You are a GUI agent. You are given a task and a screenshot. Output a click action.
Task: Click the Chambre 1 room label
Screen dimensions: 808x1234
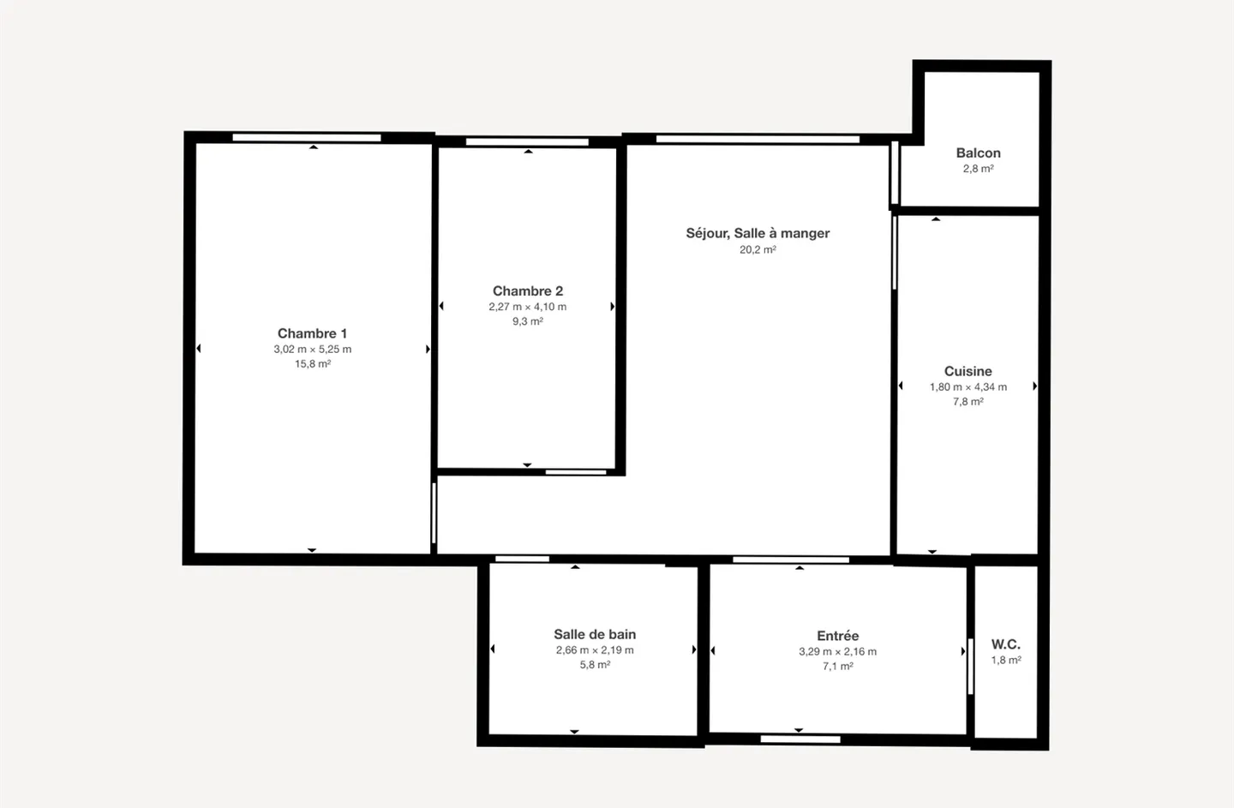(312, 333)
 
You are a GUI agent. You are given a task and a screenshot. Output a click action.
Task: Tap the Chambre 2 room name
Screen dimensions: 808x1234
(527, 291)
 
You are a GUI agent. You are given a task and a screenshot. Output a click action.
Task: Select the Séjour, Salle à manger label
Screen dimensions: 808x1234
(758, 233)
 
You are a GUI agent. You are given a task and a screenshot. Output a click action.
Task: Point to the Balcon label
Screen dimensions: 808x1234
(978, 153)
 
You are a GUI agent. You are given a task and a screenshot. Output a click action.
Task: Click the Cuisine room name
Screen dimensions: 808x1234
(967, 371)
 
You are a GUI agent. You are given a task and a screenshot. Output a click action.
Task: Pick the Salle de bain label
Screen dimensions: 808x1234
(595, 634)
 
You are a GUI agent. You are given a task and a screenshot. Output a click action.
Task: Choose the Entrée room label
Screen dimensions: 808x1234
(837, 636)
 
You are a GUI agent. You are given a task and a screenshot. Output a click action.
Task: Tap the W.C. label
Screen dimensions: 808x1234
(1005, 644)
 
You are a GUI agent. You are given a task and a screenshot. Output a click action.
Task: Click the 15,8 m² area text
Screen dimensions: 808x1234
(313, 364)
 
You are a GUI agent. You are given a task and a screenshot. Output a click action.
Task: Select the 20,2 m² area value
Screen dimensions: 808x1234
(758, 250)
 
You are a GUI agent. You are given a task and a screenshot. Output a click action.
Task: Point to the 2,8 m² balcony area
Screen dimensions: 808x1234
(978, 169)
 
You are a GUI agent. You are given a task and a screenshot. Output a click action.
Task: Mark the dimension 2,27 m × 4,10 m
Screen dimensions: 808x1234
(527, 307)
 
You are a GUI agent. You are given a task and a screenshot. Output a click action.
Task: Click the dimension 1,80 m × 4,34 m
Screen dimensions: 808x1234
(967, 387)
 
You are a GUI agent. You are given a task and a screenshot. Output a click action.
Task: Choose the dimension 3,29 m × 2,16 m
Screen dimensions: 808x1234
(837, 651)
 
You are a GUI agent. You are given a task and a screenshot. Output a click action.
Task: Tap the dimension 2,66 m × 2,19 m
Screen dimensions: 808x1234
(595, 650)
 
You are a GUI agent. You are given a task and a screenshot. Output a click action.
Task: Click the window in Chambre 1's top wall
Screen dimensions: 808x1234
(307, 137)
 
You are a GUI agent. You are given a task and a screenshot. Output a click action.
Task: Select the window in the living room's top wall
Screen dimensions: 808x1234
(758, 139)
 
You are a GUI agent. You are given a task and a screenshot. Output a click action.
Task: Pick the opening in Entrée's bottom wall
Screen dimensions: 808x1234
(800, 739)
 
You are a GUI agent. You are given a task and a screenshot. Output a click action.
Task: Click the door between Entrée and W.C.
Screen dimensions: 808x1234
(970, 666)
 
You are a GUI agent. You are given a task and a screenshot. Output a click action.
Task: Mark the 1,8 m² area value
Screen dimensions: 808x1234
(1006, 661)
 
